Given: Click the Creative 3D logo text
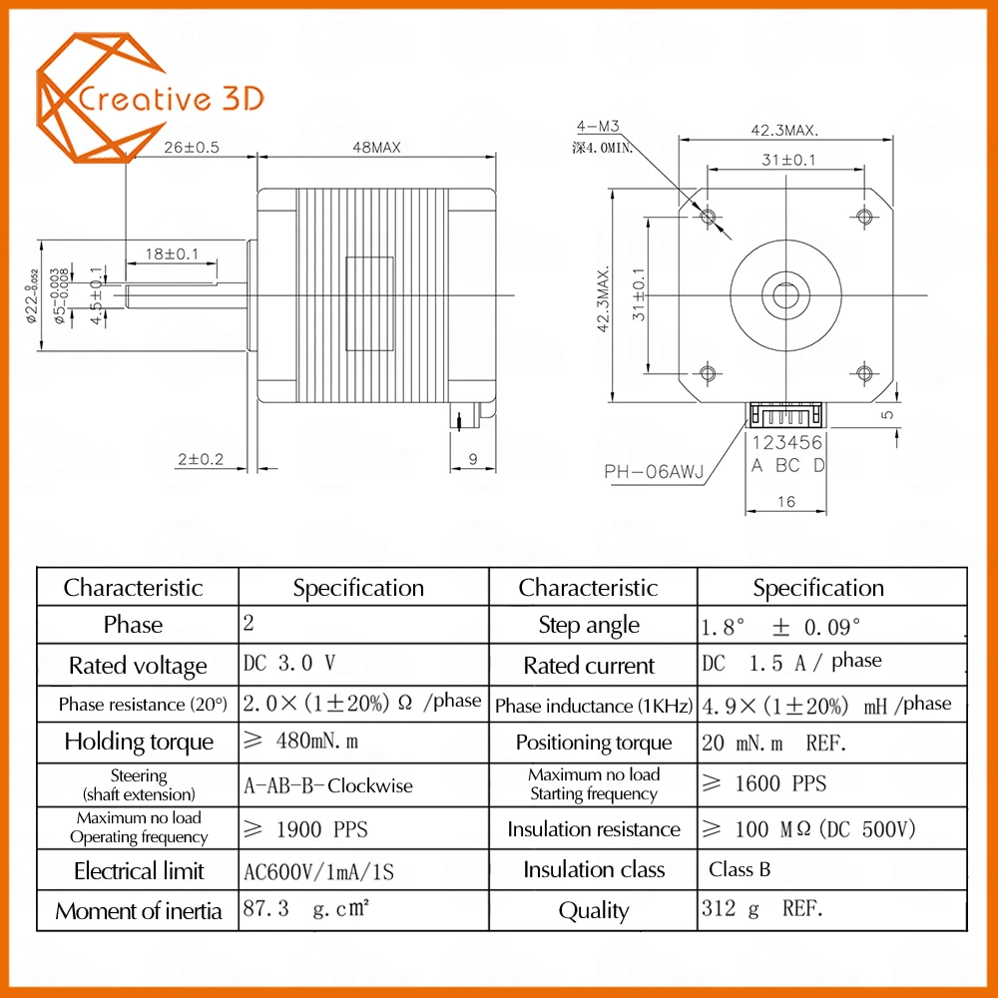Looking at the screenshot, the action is pos(171,99).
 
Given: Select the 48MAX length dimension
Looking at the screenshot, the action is pos(377,148).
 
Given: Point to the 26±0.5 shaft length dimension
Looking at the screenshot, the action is pos(191,148).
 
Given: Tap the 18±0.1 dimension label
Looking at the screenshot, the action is pos(172,253).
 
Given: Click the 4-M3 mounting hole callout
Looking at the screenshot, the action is pos(598,126).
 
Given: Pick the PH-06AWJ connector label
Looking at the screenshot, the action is pos(654,472).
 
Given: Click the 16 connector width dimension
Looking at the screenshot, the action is pos(786,502).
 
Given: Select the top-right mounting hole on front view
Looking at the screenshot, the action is pos(863,217).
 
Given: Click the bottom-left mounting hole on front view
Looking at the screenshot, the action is pos(708,372).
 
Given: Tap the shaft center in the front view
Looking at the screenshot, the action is pos(786,294).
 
